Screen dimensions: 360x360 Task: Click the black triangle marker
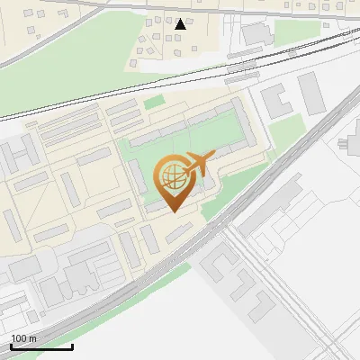tap(181, 24)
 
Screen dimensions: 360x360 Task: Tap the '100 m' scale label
tap(24, 337)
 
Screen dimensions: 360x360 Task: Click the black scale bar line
tap(41, 346)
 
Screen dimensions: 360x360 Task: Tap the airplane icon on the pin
tap(198, 164)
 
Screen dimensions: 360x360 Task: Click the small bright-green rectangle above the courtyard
tap(156, 103)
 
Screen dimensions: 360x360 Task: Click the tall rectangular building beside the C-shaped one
tap(311, 92)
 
